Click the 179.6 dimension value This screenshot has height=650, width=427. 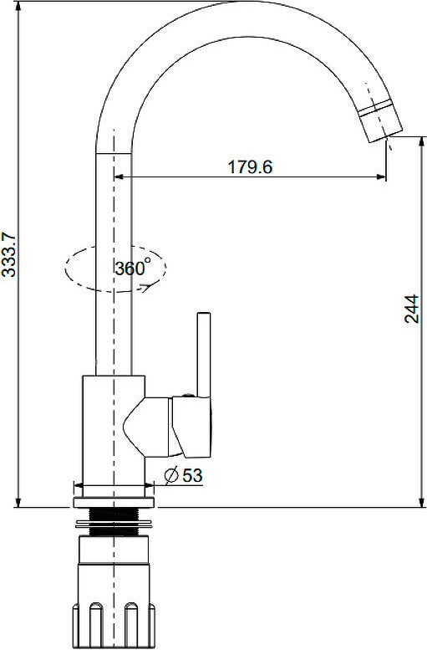coord(250,167)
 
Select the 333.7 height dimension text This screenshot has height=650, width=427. coord(8,254)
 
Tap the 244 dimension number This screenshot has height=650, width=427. coord(412,309)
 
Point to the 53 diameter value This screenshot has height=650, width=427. coord(192,475)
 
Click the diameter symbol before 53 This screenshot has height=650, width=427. coord(171,475)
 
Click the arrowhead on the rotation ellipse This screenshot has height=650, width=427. coord(145,287)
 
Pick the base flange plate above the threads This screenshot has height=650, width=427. coord(114,502)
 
